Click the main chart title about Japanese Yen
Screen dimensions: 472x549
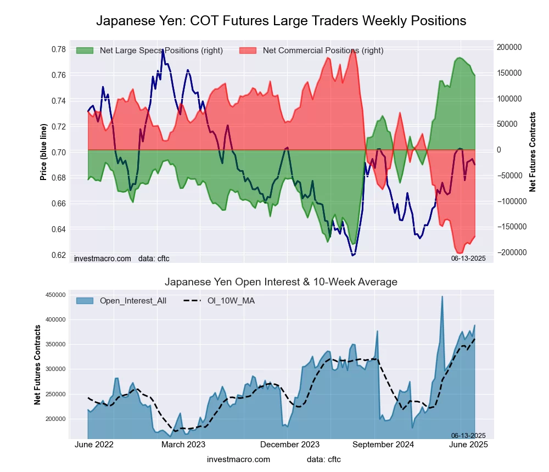[281, 21]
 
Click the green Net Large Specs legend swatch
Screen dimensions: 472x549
[85, 50]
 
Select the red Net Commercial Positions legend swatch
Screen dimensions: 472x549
[248, 50]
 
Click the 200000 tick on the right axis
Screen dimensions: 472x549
[510, 47]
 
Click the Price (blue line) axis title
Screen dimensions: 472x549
[43, 150]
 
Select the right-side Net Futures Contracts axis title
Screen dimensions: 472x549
[533, 151]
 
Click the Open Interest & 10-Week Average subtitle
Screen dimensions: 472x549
[281, 282]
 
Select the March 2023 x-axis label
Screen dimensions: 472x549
[183, 444]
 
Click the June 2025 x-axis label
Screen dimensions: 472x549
[469, 444]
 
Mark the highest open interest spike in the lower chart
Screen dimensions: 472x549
[442, 296]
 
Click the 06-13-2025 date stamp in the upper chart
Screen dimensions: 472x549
[468, 258]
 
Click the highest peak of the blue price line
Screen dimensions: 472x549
[163, 49]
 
